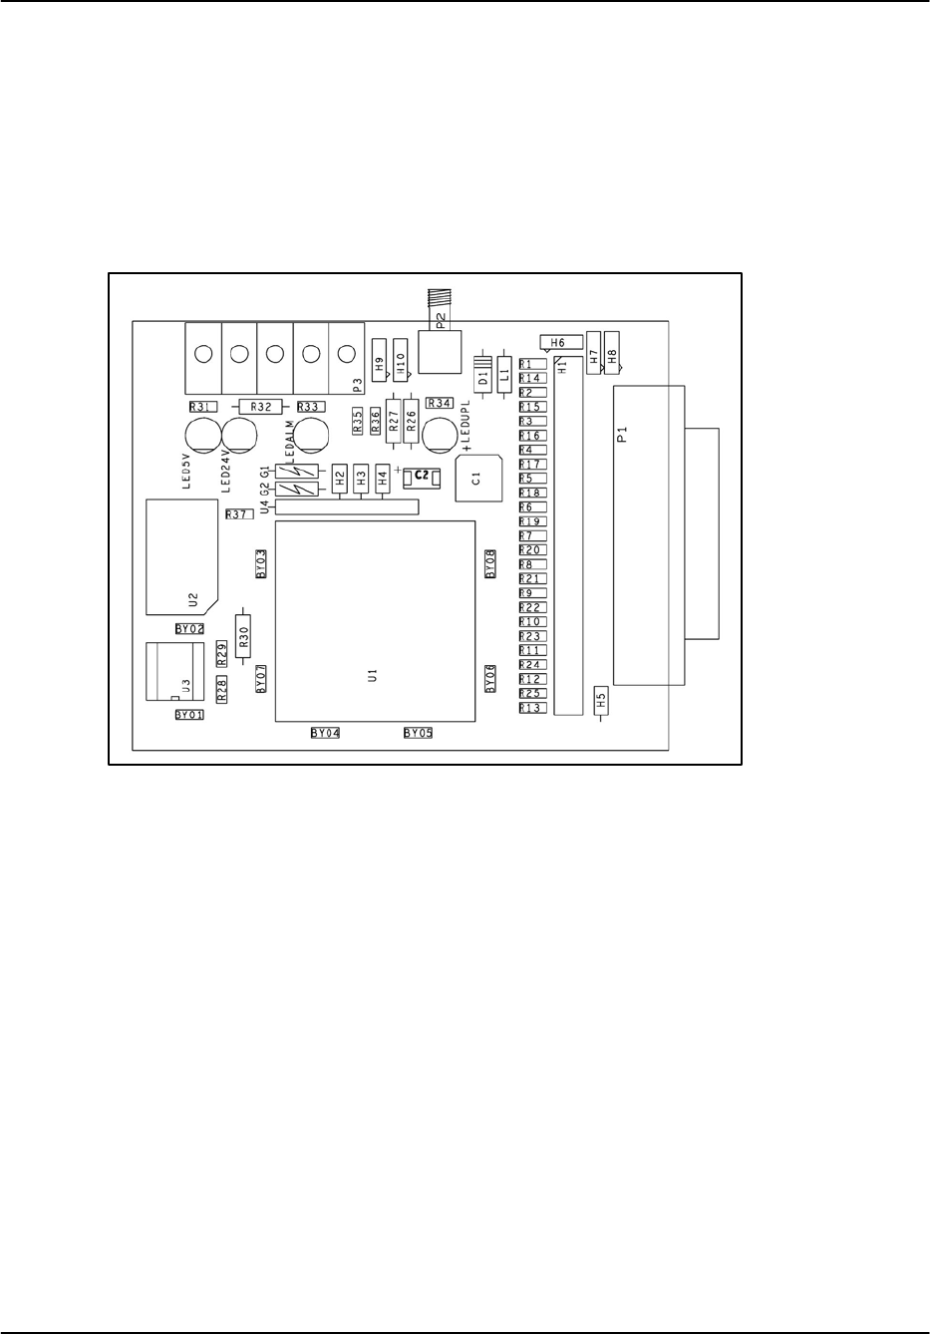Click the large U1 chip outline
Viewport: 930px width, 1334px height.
374,620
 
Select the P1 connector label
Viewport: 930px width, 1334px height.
621,434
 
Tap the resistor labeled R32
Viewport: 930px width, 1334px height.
261,407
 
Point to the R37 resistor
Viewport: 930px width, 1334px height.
237,514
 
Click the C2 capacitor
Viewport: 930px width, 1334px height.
422,477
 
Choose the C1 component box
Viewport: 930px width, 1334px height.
477,478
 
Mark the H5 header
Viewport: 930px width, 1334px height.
600,700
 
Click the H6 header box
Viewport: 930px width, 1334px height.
560,342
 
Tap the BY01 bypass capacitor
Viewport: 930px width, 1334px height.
188,715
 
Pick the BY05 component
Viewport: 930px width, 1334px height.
418,733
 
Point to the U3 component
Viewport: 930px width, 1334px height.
173,672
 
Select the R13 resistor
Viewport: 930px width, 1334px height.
531,708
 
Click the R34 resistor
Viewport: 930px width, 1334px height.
440,403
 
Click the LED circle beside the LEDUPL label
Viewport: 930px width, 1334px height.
438,435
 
